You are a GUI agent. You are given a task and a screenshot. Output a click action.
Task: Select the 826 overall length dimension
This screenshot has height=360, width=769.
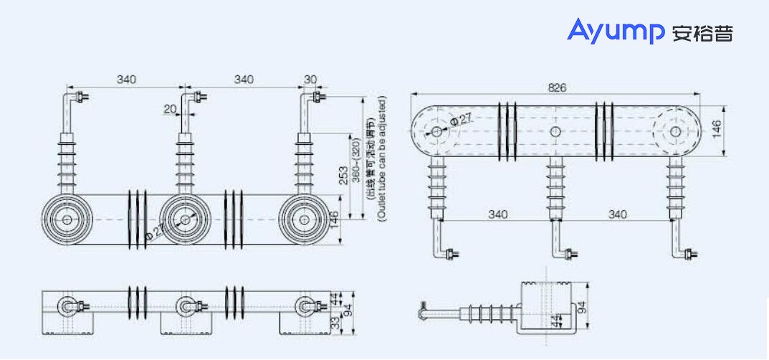click(557, 87)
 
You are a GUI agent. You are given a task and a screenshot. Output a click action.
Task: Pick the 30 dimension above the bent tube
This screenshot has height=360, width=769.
click(310, 80)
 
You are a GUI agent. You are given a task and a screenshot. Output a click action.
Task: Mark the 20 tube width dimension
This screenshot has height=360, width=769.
click(170, 109)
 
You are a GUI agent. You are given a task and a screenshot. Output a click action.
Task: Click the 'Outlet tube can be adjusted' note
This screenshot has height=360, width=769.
click(381, 158)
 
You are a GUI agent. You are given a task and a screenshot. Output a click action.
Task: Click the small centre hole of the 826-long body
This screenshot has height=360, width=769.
click(555, 132)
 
